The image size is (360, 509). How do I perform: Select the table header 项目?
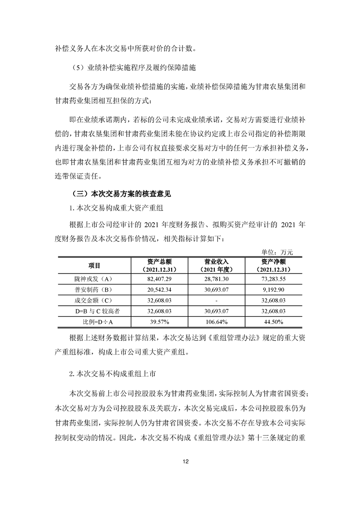pyautogui.click(x=94, y=265)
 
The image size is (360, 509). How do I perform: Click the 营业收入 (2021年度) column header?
pyautogui.click(x=216, y=265)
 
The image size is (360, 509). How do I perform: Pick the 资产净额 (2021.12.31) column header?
pyautogui.click(x=273, y=265)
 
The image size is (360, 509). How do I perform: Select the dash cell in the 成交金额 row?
pyautogui.click(x=216, y=300)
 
